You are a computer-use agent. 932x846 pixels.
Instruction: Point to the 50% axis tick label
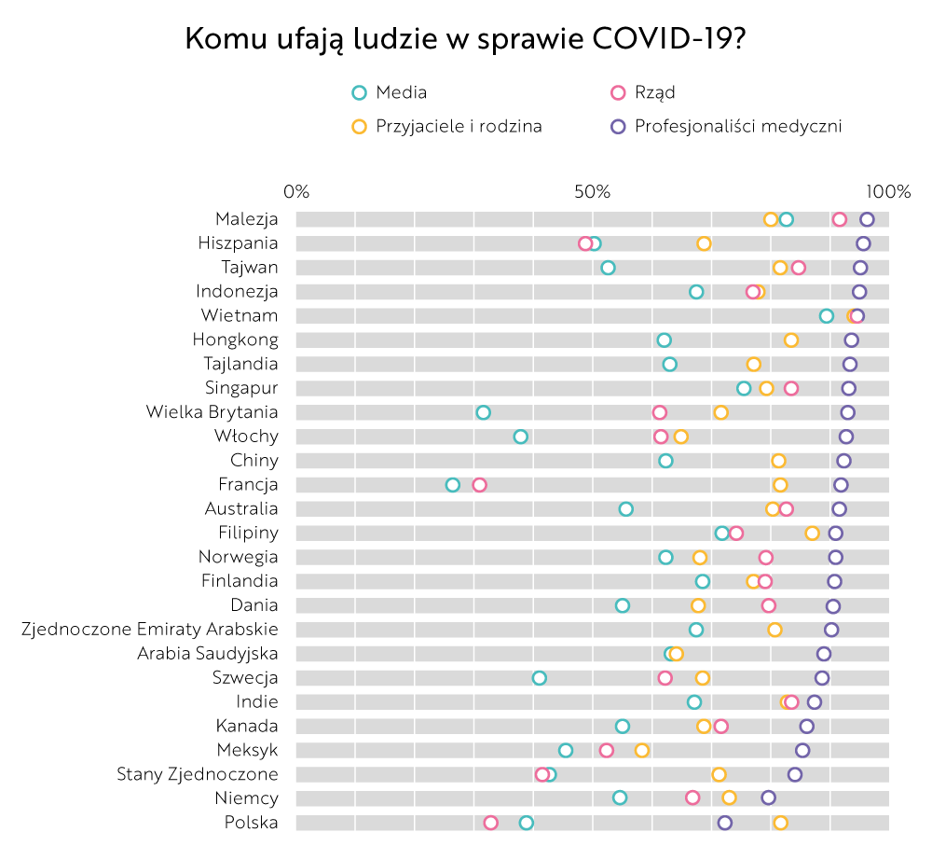[x=592, y=192]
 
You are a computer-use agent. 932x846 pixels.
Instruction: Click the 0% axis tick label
[x=296, y=192]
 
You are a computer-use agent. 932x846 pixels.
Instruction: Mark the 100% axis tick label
[x=888, y=192]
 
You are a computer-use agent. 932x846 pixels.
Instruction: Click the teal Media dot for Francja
[x=453, y=485]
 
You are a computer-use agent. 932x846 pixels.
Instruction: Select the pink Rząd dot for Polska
[x=491, y=823]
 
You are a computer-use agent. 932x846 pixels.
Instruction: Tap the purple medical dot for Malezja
[x=867, y=220]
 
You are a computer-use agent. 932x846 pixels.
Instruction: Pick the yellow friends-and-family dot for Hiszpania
[x=704, y=244]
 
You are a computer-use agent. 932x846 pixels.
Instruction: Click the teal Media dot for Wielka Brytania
[x=483, y=412]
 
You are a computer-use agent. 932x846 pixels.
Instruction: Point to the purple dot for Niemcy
[x=768, y=798]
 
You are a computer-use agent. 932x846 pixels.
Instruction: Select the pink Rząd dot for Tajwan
[x=798, y=269]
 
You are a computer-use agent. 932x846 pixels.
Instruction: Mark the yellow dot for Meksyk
[x=641, y=751]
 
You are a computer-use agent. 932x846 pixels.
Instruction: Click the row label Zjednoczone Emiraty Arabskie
[x=149, y=630]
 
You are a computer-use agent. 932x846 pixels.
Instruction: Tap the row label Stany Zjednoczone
[x=197, y=774]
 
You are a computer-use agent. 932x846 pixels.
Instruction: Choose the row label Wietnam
[x=239, y=316]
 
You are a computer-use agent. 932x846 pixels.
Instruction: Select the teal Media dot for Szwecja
[x=539, y=678]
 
